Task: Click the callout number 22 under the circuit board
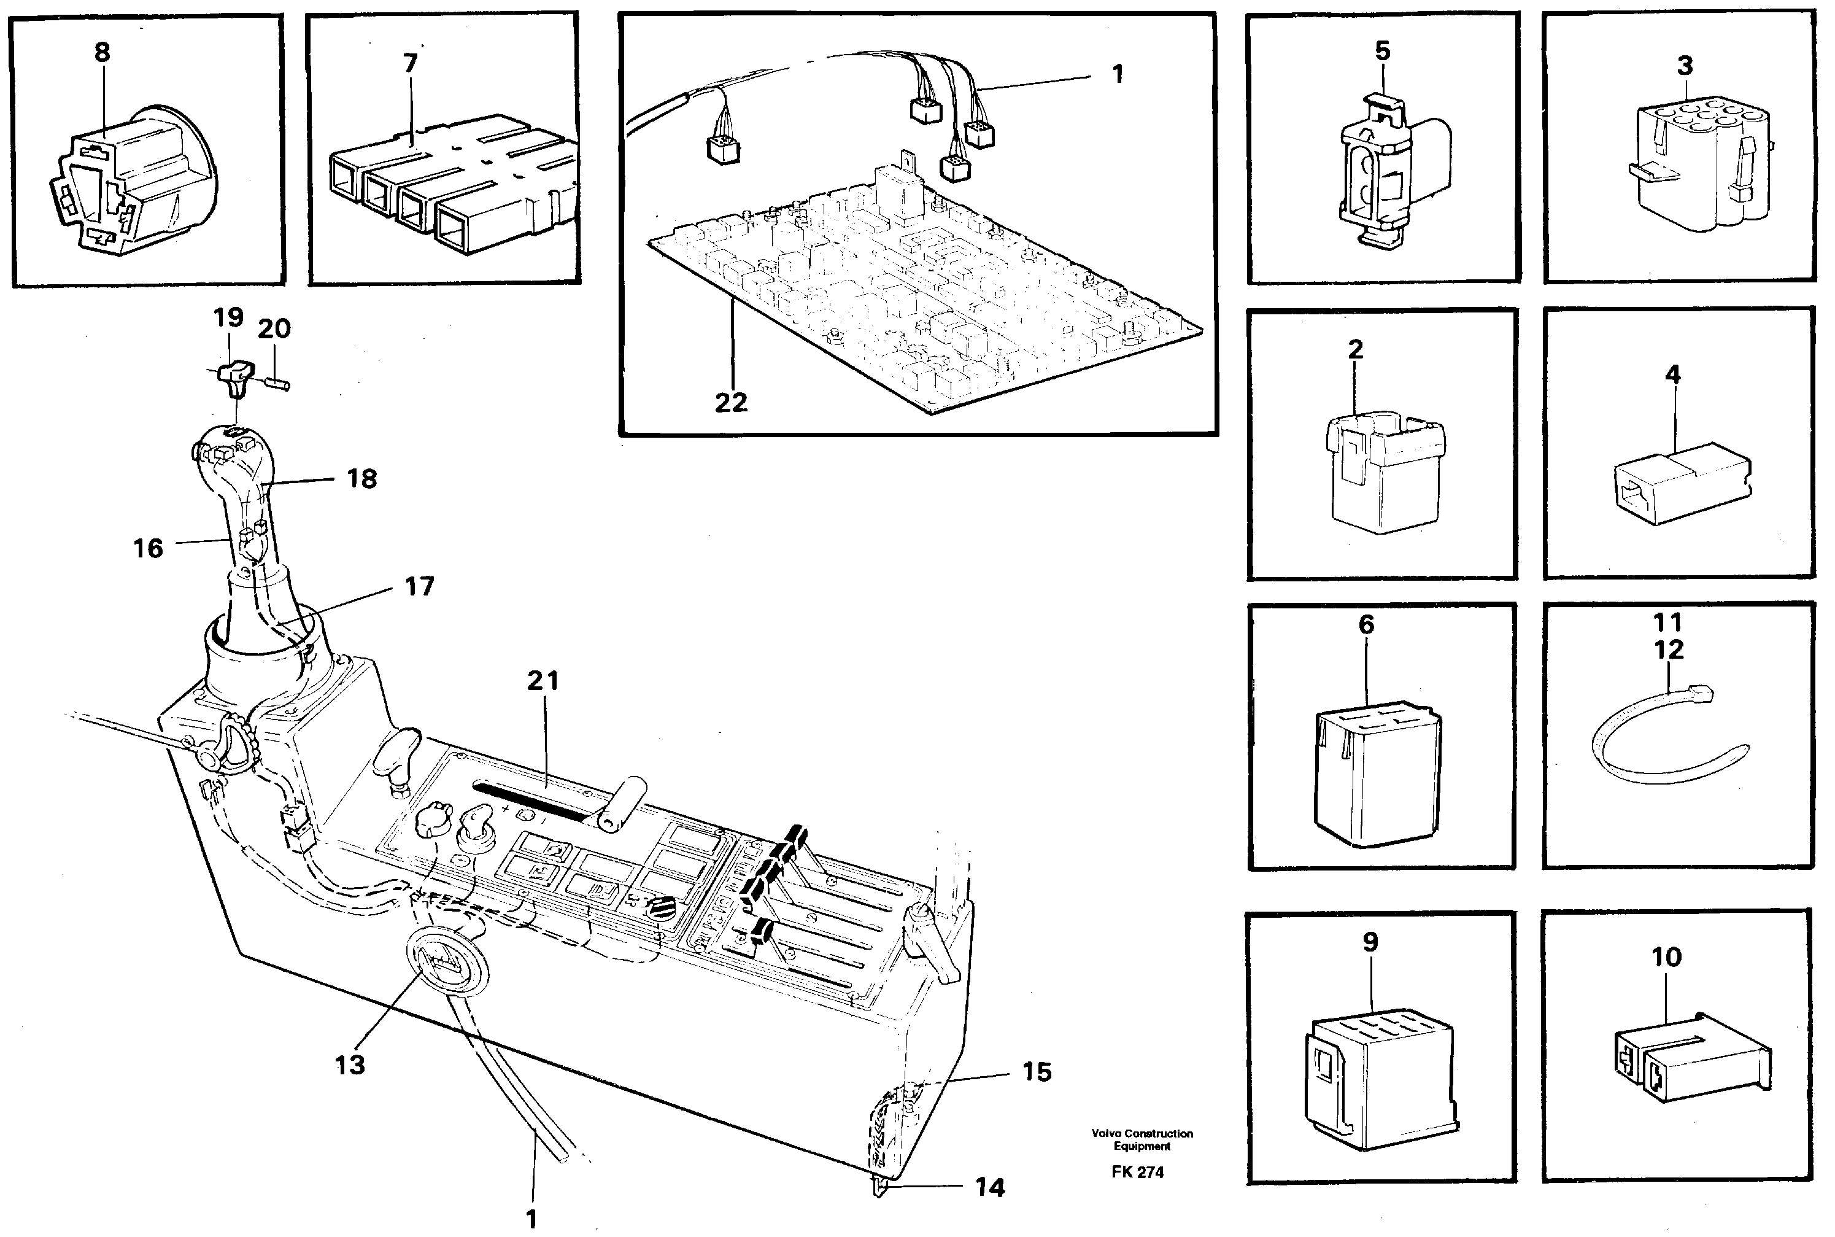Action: [730, 403]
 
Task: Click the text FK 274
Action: [1137, 1173]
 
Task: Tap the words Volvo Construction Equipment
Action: [1142, 1139]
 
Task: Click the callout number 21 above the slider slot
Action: [543, 681]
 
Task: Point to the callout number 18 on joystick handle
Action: [362, 479]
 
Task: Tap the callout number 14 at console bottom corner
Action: [990, 1187]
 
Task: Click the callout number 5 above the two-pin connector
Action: [1382, 52]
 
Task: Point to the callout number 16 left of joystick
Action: [147, 548]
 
